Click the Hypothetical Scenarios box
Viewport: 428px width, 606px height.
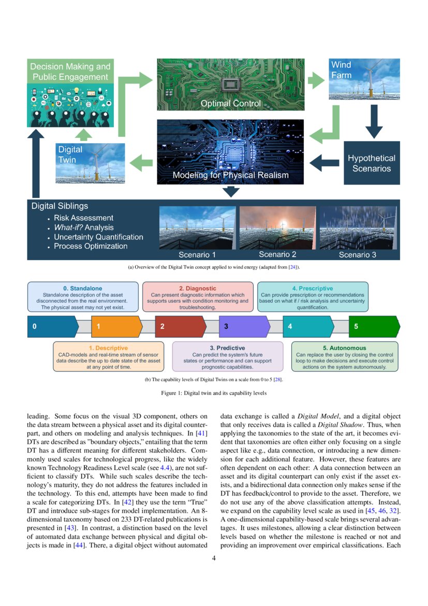pos(371,163)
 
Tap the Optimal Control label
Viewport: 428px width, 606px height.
pos(231,104)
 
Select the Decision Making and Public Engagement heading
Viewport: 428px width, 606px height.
pos(70,72)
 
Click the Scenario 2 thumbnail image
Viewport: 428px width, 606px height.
pos(277,228)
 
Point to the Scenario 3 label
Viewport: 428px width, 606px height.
pos(358,255)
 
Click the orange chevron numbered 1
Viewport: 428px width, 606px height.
pos(116,327)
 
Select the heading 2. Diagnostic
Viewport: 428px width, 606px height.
pos(197,288)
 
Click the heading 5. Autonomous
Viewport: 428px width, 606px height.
pos(345,348)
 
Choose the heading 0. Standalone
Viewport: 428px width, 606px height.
pos(83,288)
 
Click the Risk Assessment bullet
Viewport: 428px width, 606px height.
pos(83,218)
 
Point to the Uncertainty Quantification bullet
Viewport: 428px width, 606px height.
pos(98,237)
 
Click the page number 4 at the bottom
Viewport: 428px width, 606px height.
pos(214,558)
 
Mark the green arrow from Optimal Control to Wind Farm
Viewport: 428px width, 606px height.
pos(316,80)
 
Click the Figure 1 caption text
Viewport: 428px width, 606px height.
pos(214,393)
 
